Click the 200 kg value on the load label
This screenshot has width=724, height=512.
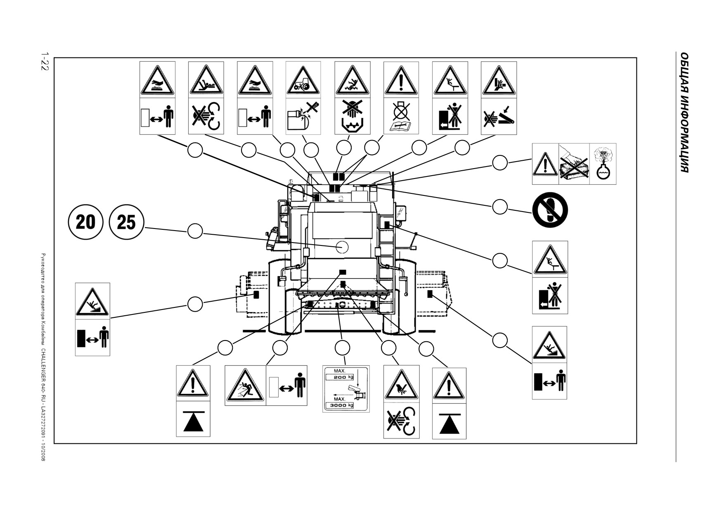tap(343, 377)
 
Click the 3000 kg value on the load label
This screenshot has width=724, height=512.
tap(343, 405)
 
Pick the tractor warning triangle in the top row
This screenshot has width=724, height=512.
tap(303, 80)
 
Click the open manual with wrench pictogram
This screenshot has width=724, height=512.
tap(401, 126)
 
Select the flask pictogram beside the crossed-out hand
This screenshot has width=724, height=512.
tap(603, 164)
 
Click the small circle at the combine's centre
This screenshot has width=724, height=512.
tap(342, 247)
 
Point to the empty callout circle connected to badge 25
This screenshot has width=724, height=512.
tap(195, 231)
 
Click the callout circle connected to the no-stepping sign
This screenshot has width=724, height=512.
tap(500, 206)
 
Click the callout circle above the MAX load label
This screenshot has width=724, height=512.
tap(343, 348)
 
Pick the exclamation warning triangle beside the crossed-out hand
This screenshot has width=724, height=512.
tap(545, 164)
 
